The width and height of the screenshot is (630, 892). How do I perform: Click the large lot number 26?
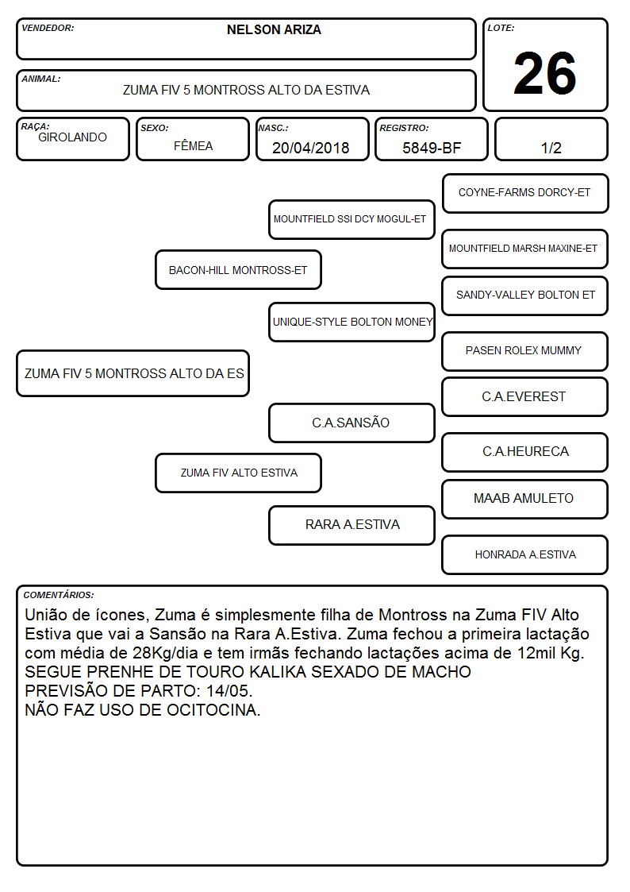click(x=545, y=73)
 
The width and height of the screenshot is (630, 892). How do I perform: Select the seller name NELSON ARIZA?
click(x=274, y=29)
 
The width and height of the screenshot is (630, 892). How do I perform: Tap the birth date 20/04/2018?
click(x=311, y=148)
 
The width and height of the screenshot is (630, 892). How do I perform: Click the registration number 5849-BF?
click(x=432, y=148)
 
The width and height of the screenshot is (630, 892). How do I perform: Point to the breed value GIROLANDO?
click(x=73, y=137)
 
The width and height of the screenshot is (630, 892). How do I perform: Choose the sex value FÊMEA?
click(x=193, y=145)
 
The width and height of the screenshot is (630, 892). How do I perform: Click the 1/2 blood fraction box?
click(x=551, y=139)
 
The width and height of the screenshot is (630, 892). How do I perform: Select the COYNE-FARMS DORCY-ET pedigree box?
click(x=525, y=194)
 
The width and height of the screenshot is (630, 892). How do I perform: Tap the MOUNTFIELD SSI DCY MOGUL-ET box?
click(x=351, y=219)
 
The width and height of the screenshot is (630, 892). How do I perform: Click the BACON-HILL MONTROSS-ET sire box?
click(x=238, y=269)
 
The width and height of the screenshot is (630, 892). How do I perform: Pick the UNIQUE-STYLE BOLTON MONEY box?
click(x=351, y=322)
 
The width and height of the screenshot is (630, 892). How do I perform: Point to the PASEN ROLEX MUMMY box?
click(x=525, y=351)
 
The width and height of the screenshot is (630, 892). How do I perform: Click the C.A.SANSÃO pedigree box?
click(x=351, y=423)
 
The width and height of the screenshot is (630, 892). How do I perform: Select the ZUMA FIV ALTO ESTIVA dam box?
click(x=238, y=473)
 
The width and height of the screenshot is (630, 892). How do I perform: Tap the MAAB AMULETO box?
click(x=525, y=499)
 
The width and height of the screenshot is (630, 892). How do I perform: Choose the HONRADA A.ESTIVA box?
click(x=525, y=554)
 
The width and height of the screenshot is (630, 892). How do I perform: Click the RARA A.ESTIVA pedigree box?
click(x=351, y=525)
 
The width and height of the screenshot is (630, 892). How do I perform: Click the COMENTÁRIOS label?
click(x=59, y=595)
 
